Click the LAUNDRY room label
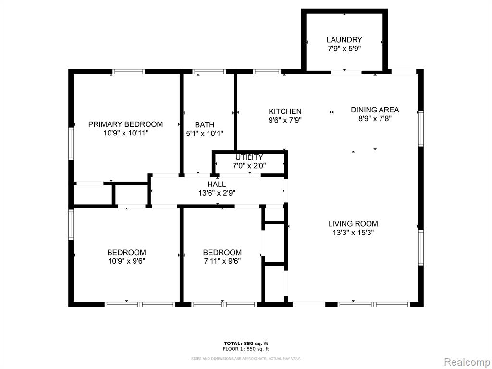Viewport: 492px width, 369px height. [x=344, y=40]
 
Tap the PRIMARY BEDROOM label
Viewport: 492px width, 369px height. [x=125, y=124]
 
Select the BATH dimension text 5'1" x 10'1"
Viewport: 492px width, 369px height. [x=205, y=134]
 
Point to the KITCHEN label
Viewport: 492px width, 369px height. [x=285, y=111]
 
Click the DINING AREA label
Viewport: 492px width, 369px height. [x=375, y=110]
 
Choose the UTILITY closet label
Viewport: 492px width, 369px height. [x=249, y=157]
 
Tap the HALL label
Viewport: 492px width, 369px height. [x=217, y=184]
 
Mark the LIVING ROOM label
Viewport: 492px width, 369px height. [x=353, y=224]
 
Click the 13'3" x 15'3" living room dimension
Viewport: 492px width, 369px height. [x=353, y=233]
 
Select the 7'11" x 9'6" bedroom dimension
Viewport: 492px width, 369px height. [x=222, y=261]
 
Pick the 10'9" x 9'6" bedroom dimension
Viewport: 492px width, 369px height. [x=126, y=261]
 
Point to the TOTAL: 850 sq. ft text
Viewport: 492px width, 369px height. [x=246, y=344]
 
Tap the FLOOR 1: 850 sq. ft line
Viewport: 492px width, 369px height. [x=246, y=349]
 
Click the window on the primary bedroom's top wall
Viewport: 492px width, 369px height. [x=129, y=72]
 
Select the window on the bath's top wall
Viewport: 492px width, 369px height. [x=209, y=72]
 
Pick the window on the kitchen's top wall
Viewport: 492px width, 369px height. [x=267, y=72]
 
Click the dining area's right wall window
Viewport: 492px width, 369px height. [x=421, y=128]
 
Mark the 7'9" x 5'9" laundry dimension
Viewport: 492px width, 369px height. [x=344, y=49]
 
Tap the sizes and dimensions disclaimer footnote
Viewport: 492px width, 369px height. [x=246, y=358]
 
